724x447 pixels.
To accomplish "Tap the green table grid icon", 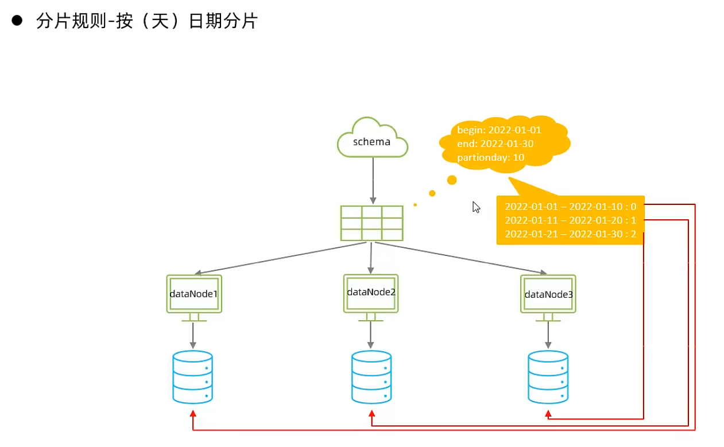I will [371, 223].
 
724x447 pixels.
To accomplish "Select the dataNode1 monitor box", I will [194, 294].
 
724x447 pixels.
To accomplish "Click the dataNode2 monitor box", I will [371, 293].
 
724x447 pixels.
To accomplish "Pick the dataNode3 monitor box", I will [548, 294].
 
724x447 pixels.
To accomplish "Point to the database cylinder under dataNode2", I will [371, 377].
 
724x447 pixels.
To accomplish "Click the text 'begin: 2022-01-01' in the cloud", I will [499, 130].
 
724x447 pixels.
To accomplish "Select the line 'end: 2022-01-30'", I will [495, 143].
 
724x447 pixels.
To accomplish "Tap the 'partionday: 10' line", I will [491, 157].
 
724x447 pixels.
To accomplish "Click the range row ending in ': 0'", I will [570, 207].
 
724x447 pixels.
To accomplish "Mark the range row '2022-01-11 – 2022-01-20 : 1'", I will [570, 220].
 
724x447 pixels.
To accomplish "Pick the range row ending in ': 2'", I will [570, 234].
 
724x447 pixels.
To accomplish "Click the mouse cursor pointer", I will [476, 207].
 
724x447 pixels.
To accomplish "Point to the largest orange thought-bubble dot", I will [452, 180].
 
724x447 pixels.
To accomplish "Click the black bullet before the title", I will [17, 21].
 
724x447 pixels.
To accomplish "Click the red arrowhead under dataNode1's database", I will [193, 414].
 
